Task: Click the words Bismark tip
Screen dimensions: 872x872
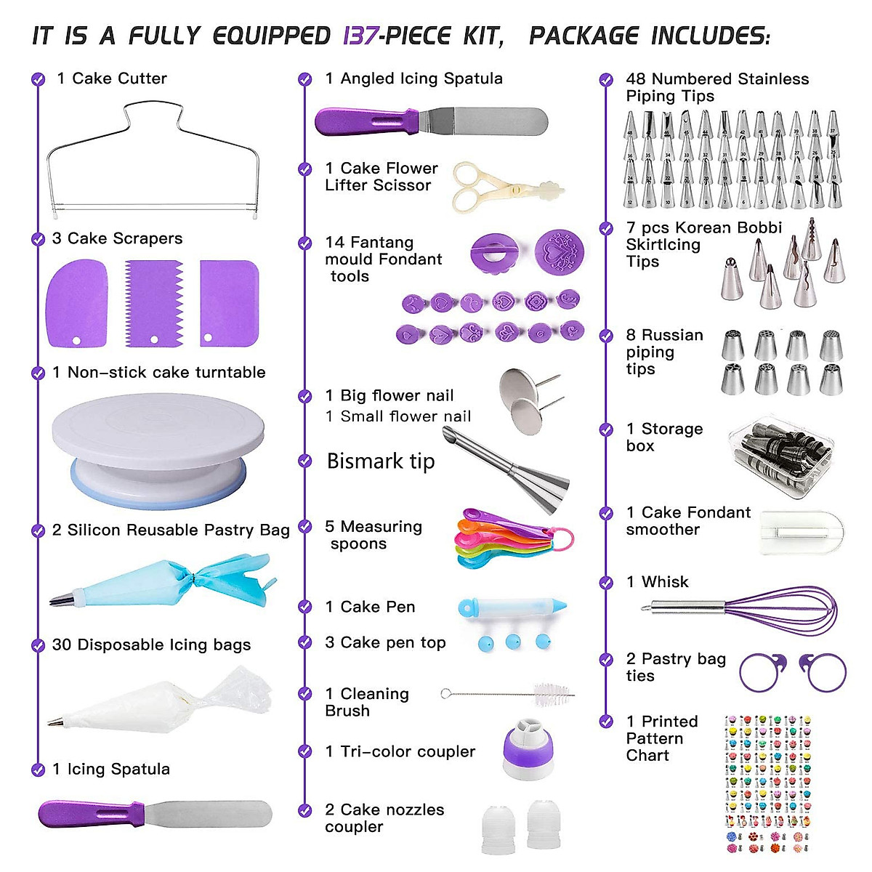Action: [381, 461]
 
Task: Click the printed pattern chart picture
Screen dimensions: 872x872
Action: [767, 785]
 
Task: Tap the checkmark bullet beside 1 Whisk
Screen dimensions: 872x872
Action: [606, 583]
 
